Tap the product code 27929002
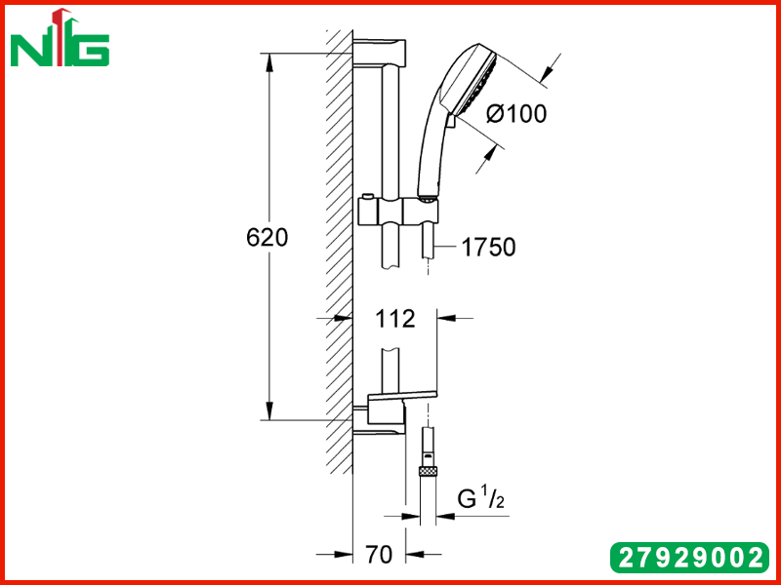pos(690,557)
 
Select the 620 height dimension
pos(267,238)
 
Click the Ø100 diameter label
pos(516,114)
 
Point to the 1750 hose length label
pos(489,248)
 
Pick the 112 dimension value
pos(394,319)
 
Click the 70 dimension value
pos(379,554)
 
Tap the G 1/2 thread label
pos(481,498)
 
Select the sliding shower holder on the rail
pos(398,211)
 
